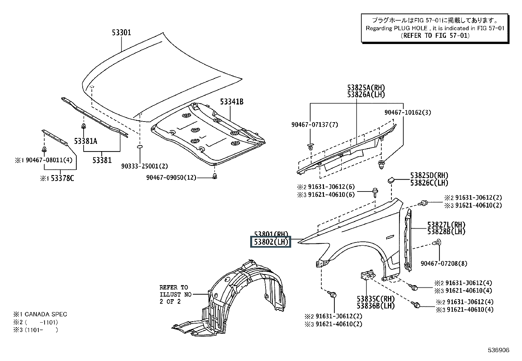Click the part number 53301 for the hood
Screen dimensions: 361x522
pos(121,33)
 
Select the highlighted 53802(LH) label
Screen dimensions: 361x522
pos(271,242)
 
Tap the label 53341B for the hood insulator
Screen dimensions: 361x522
pos(231,102)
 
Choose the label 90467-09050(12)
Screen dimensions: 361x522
pos(171,178)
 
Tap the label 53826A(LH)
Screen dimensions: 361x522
pos(366,95)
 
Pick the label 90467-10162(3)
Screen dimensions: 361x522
pos(408,112)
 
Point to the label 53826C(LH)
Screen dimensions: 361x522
pos(429,183)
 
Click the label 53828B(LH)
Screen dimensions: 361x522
pos(446,232)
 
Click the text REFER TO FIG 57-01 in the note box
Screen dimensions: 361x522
pos(435,35)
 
